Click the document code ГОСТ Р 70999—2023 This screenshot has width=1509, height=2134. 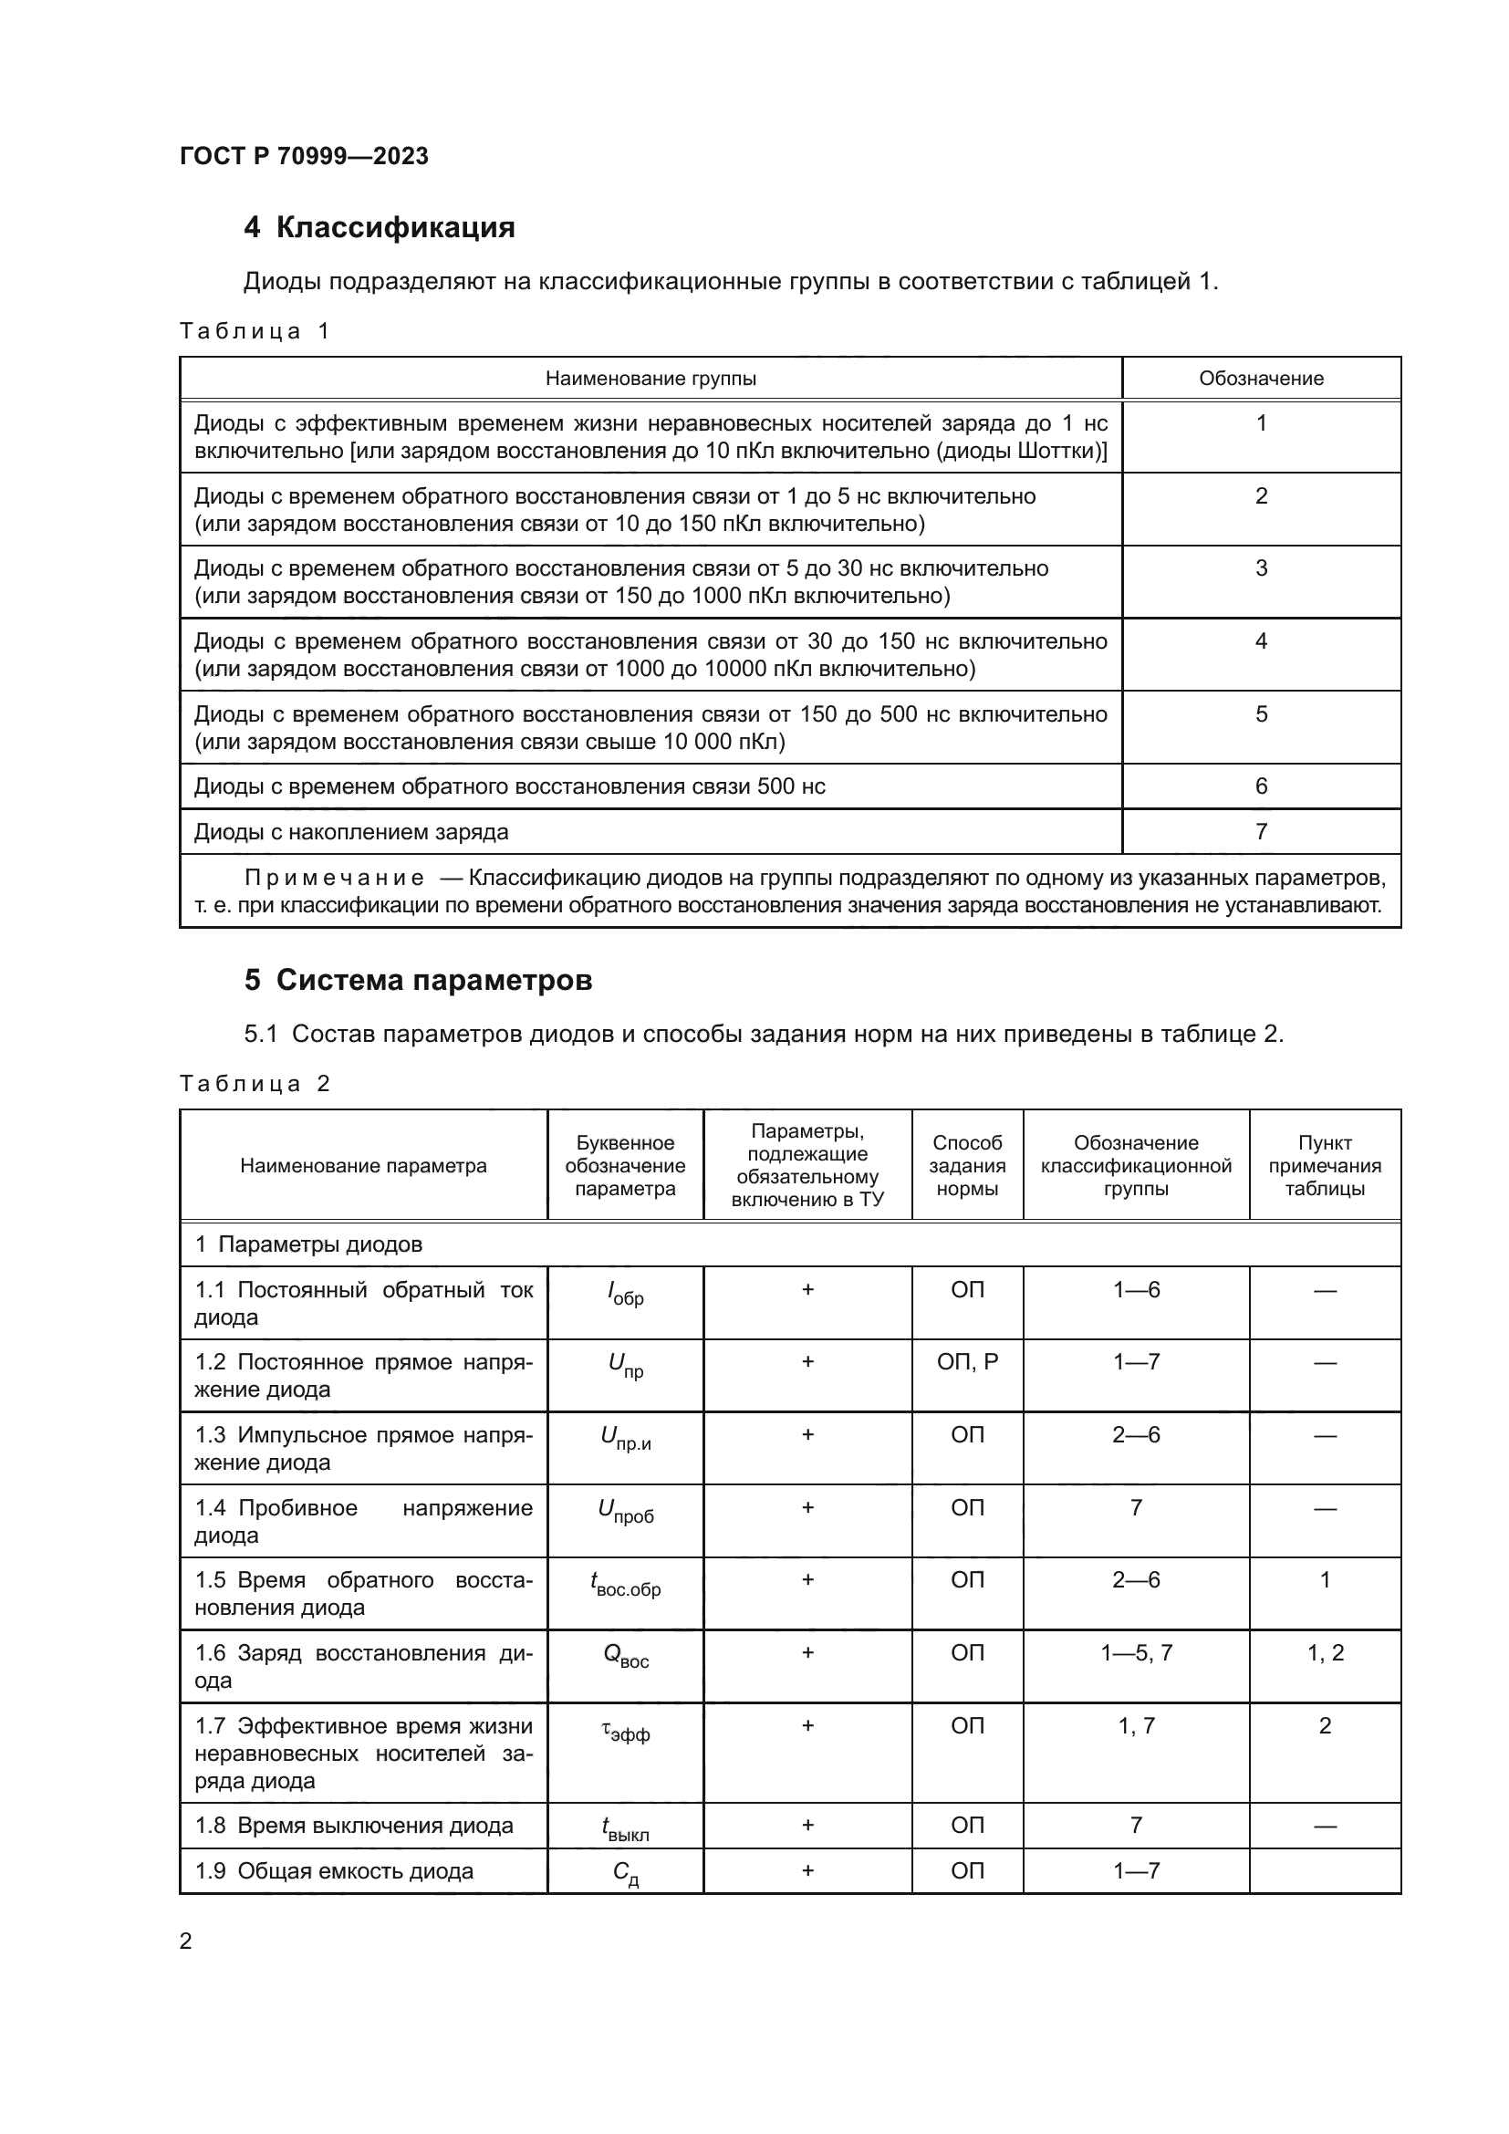tap(304, 156)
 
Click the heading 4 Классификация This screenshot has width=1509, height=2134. tap(380, 228)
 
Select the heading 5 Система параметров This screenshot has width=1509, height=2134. tap(418, 981)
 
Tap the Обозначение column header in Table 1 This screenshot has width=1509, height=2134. tap(1260, 379)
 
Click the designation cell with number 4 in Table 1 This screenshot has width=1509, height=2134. tap(1260, 641)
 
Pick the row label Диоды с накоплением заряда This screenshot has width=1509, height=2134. tap(351, 832)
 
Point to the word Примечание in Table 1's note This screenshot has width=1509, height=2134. tap(335, 879)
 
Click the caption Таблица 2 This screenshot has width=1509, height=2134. tap(255, 1084)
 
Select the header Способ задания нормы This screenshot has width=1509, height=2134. tap(966, 1165)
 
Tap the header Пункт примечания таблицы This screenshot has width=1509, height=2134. tap(1324, 1165)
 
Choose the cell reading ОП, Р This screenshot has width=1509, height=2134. tap(966, 1362)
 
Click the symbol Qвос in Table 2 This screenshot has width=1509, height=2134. tap(624, 1656)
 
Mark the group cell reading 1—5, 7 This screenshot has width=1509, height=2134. tap(1136, 1652)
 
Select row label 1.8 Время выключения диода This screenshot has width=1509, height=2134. tap(354, 1826)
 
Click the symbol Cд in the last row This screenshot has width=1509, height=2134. tap(624, 1873)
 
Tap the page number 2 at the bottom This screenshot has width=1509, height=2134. tap(186, 1941)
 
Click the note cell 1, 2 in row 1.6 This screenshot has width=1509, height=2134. tap(1324, 1652)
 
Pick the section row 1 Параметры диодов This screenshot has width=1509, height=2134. tap(308, 1244)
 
